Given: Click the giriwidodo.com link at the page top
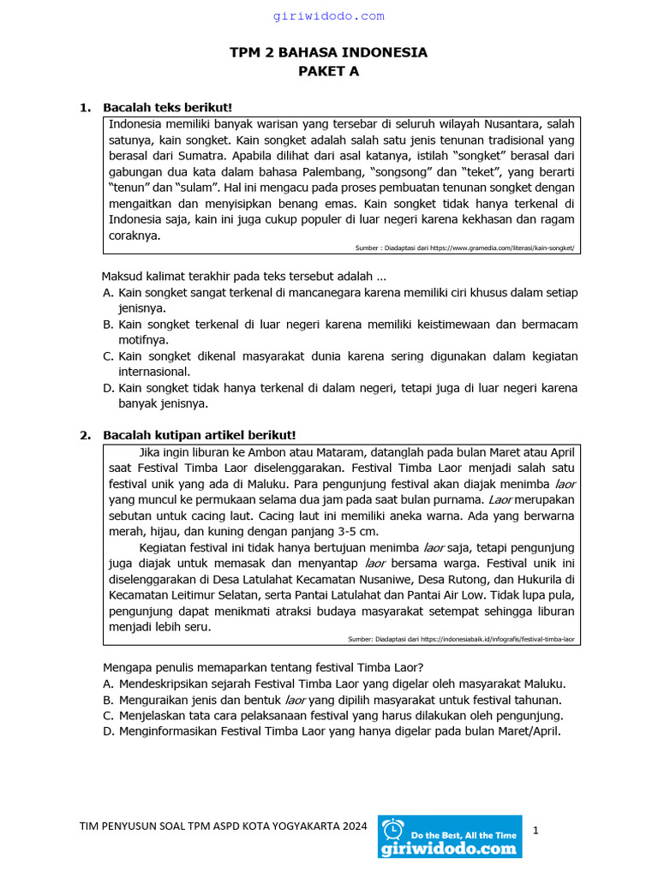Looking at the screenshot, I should [x=329, y=16].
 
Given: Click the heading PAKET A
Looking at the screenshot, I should [x=328, y=72].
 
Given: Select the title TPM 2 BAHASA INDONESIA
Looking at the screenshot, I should [x=328, y=53].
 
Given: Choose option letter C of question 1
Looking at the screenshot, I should [x=108, y=356].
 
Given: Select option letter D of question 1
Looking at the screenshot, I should [x=108, y=388].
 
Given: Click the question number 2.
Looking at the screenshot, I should [x=85, y=435].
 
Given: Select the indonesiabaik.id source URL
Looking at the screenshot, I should [x=497, y=639].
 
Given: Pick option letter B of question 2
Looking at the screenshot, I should [x=108, y=700].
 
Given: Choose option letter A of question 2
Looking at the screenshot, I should [x=108, y=683].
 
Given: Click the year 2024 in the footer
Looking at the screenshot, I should [x=354, y=826].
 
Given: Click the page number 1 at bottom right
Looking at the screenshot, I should [x=535, y=830].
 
